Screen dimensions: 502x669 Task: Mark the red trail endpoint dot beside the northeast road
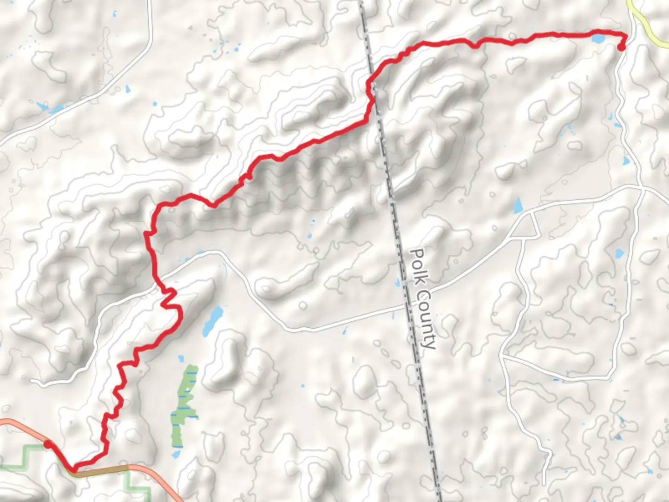(x=622, y=46)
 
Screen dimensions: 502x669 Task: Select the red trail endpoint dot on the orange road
(x=47, y=445)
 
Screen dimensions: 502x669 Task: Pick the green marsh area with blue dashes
(x=185, y=404)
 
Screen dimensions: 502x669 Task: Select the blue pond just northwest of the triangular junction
(x=517, y=205)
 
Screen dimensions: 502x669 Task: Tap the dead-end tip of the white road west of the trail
(x=33, y=382)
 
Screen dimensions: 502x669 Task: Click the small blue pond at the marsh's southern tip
(x=176, y=454)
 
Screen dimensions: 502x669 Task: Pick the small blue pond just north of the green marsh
(x=181, y=359)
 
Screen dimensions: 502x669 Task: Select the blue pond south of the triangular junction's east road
(x=619, y=254)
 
